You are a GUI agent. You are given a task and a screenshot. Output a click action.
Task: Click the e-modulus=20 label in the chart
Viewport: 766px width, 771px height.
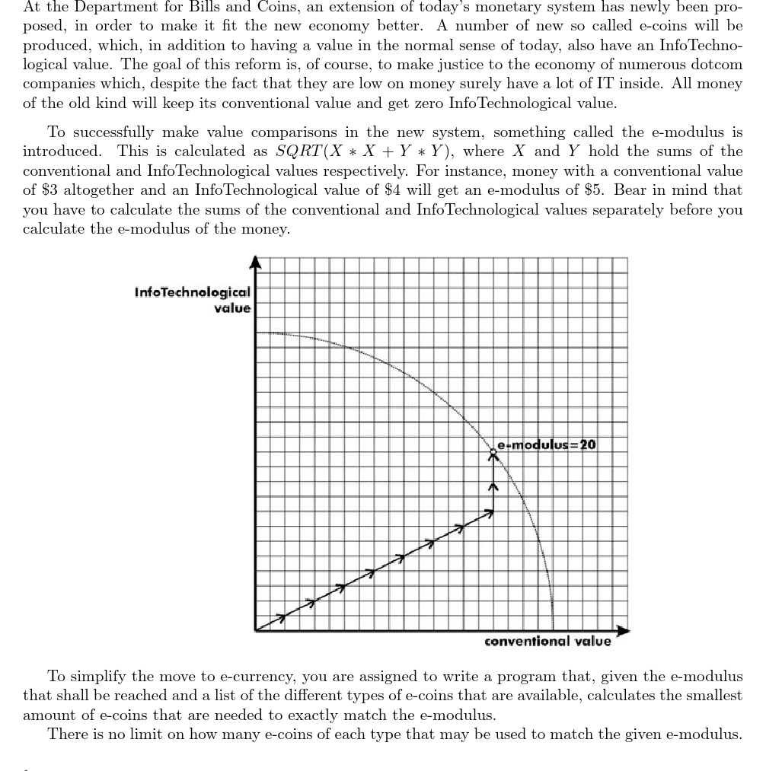(x=547, y=444)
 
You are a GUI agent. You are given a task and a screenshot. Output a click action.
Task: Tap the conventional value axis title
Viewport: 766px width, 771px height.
(x=547, y=642)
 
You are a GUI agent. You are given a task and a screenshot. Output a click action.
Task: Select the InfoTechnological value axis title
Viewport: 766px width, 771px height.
(x=192, y=300)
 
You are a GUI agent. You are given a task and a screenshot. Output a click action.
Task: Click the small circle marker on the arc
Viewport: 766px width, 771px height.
(x=493, y=452)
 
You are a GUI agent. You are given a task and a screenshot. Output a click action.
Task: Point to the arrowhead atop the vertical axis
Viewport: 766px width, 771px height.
(x=256, y=263)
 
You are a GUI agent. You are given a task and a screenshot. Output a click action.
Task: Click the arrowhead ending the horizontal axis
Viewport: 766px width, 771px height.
(x=624, y=629)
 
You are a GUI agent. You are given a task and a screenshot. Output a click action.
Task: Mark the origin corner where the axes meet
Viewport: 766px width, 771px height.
(x=256, y=629)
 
